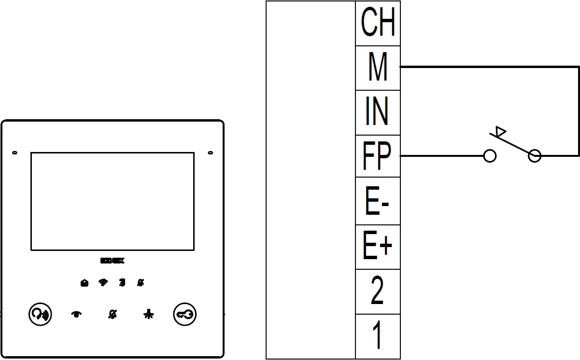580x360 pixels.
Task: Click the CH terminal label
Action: [378, 23]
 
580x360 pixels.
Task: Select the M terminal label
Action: [378, 68]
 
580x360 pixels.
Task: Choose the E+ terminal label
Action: [378, 246]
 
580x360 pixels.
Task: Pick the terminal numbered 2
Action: [378, 291]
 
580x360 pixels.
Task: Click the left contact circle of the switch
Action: [490, 156]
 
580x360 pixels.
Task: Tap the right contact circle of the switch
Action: [535, 156]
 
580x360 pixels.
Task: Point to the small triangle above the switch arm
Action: [501, 131]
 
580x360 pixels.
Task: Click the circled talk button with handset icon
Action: [39, 315]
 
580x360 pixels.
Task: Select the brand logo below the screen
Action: [113, 261]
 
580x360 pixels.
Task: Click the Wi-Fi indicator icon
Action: [103, 283]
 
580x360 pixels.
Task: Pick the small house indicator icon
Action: [85, 283]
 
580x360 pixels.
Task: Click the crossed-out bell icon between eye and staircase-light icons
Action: [112, 315]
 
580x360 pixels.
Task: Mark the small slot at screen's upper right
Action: [211, 153]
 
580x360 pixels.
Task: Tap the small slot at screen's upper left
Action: [14, 153]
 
